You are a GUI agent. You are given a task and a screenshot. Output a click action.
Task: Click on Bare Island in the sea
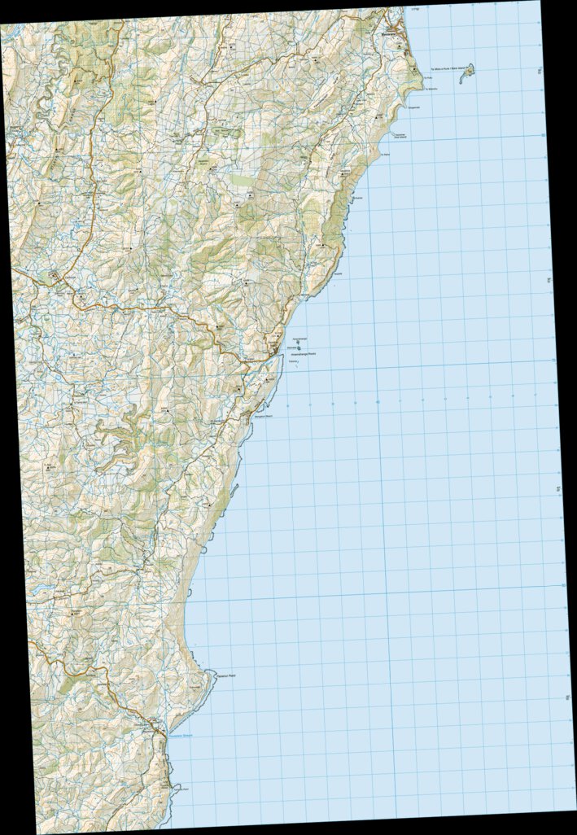pos(468,74)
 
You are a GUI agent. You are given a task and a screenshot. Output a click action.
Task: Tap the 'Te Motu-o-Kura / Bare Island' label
pos(445,71)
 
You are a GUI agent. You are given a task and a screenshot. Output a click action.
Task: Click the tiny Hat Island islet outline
pos(394,132)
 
